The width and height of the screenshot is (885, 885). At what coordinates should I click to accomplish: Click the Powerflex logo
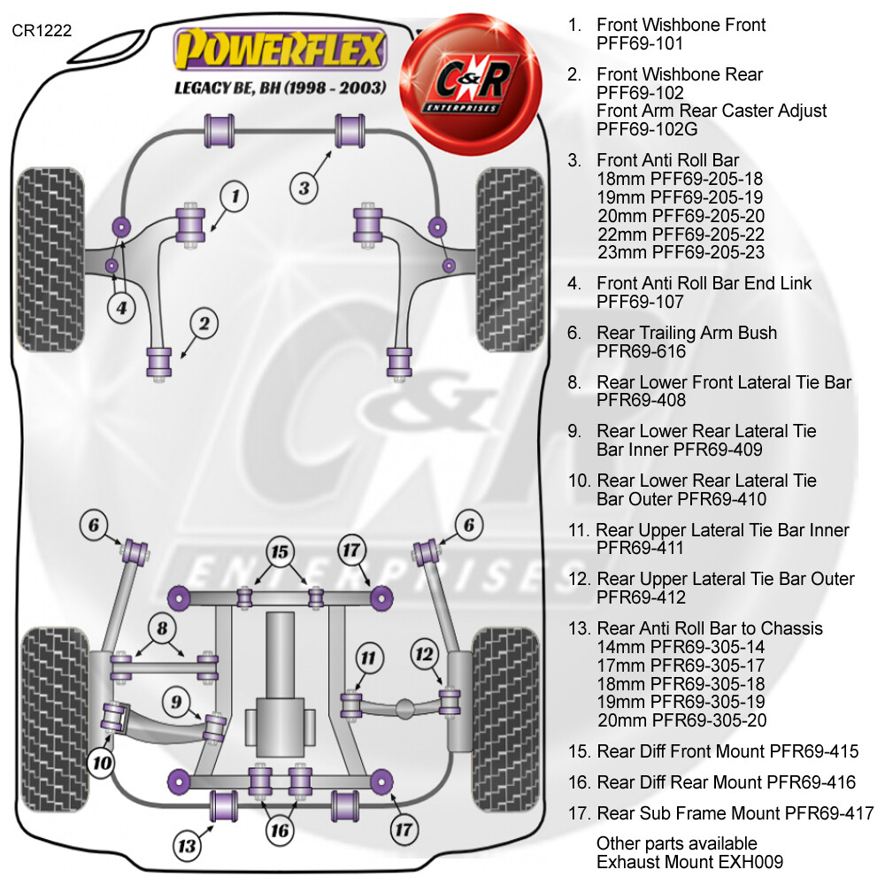280,49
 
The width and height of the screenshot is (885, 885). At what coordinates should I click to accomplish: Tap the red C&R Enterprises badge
471,85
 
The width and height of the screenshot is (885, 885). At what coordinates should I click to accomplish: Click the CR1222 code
42,30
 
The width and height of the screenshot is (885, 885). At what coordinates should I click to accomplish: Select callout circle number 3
304,188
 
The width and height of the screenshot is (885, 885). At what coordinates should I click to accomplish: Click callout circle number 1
235,196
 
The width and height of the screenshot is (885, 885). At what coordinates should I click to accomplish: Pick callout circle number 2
204,323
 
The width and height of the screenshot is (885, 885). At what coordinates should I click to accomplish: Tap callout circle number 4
121,308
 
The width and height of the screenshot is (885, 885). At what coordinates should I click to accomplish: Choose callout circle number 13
188,846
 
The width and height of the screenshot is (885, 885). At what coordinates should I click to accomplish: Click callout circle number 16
280,830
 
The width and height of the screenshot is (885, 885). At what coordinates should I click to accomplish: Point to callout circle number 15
280,551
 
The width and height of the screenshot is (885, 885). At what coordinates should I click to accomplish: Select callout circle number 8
163,627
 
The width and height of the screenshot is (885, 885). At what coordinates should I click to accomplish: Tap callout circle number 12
425,654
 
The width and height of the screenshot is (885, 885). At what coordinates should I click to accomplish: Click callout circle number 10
102,763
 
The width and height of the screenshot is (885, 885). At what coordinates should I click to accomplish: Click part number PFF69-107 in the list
640,302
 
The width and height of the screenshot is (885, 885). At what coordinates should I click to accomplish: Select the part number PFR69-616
641,351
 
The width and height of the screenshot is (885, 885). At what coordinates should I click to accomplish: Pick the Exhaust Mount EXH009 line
689,862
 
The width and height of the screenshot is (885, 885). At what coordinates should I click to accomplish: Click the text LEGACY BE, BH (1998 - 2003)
281,88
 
